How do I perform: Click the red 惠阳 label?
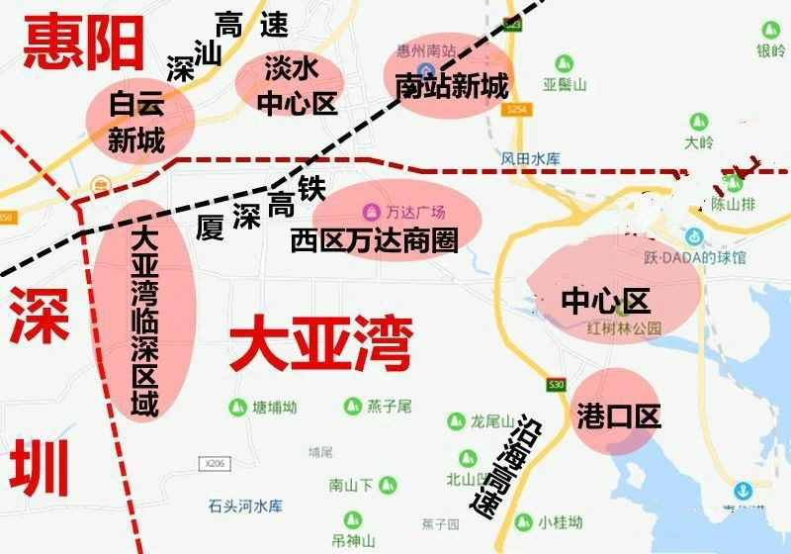83,43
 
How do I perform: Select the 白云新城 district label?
136,121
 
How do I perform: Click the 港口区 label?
618,416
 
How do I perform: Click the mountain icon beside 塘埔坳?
236,407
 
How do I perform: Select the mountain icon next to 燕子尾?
353,407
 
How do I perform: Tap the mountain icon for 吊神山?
347,519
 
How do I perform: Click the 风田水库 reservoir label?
531,158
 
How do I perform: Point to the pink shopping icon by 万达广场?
370,212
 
